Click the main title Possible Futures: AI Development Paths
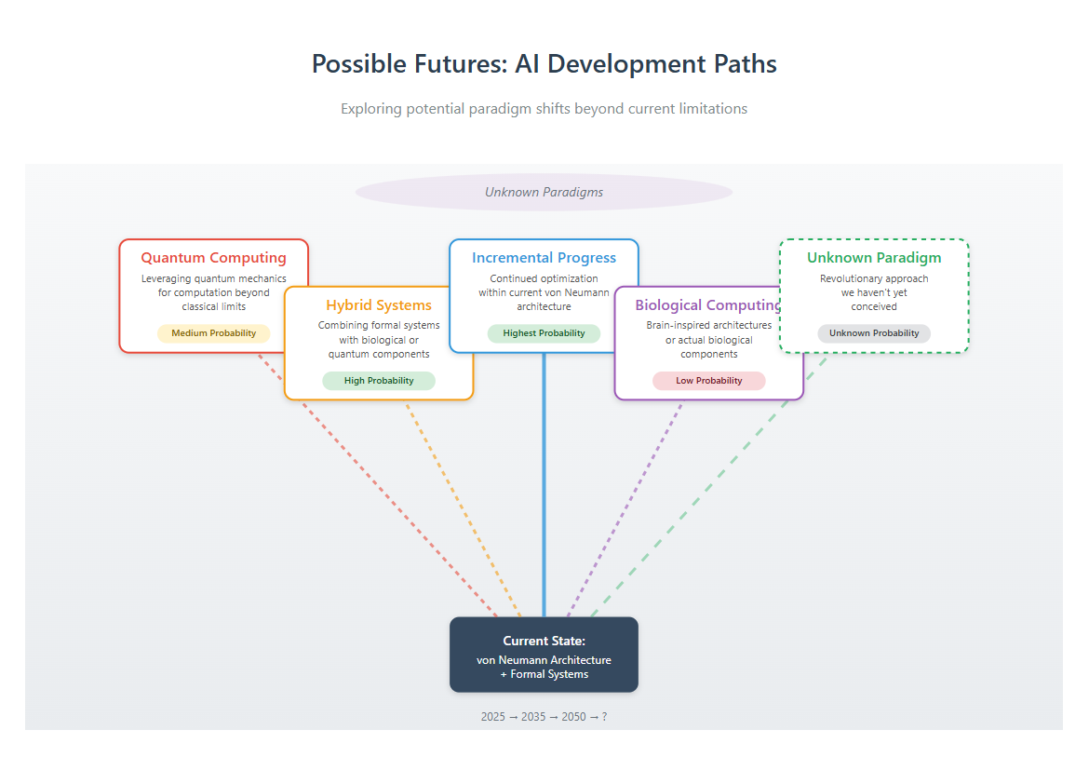pos(544,64)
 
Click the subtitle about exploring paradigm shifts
pos(544,108)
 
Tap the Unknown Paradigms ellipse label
pos(544,192)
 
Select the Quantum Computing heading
pos(213,258)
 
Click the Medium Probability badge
pos(213,333)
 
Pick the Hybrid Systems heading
pos(379,304)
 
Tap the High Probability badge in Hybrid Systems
pos(379,381)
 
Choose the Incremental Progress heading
pos(544,258)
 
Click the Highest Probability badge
pos(544,333)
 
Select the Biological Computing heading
pos(707,304)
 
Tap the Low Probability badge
pos(709,381)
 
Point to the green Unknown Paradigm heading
pos(874,258)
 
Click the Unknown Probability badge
pos(874,333)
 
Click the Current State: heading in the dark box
pos(544,641)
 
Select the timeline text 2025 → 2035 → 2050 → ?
pos(544,717)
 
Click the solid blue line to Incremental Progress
pos(544,485)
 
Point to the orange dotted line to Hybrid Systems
pos(463,508)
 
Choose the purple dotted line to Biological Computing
pos(625,508)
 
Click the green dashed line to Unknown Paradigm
pos(709,485)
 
